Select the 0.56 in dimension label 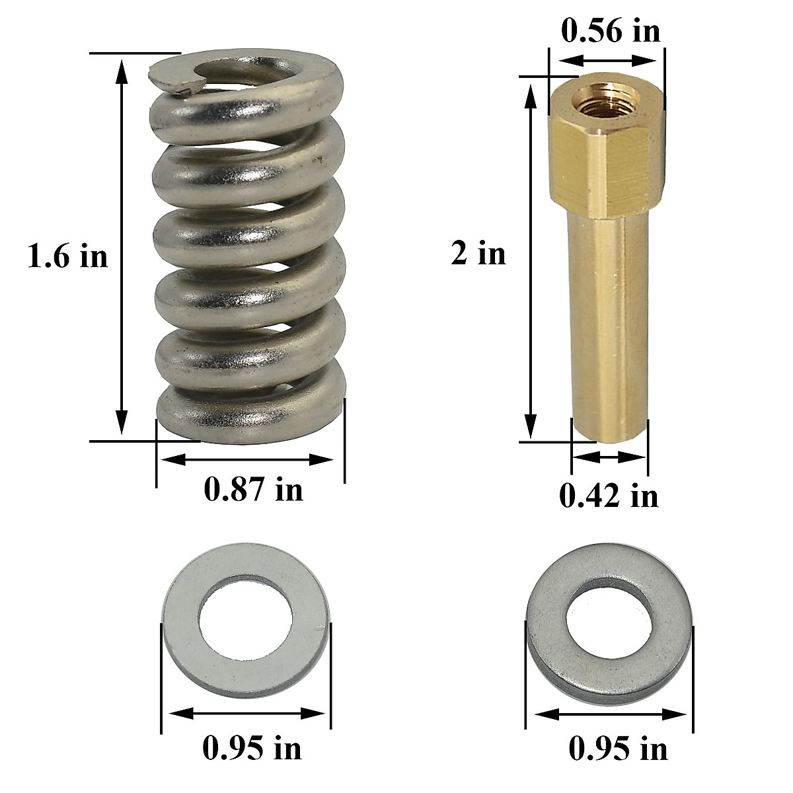tap(610, 31)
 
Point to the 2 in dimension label tap(478, 254)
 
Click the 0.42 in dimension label tap(609, 495)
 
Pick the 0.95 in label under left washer tap(251, 748)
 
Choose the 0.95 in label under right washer tap(618, 749)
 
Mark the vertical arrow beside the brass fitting tap(531, 258)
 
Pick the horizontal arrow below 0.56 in tap(606, 59)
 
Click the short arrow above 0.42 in tap(608, 456)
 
